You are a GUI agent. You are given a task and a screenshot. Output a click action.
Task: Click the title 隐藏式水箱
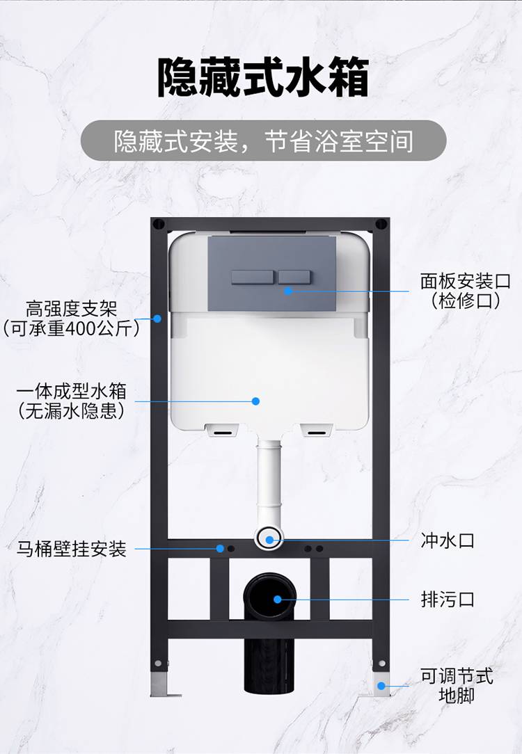click(262, 77)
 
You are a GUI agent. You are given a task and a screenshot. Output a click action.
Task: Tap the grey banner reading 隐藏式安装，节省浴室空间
click(263, 141)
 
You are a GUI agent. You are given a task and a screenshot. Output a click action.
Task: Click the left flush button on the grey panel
click(253, 276)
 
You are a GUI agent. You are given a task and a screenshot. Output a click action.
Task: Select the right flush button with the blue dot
click(294, 276)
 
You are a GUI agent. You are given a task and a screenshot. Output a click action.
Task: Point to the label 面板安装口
click(466, 282)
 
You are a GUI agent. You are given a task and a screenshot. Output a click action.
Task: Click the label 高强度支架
click(71, 307)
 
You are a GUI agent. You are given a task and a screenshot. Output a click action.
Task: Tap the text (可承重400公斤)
click(71, 328)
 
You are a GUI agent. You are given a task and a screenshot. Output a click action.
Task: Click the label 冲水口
click(448, 540)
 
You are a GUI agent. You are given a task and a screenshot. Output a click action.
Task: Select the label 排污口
click(448, 599)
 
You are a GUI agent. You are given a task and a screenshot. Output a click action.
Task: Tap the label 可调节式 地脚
click(456, 684)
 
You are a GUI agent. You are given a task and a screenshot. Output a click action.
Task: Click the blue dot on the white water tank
click(255, 401)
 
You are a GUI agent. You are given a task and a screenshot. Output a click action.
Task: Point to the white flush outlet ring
click(269, 537)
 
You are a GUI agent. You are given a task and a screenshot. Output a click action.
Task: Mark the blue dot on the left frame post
click(157, 319)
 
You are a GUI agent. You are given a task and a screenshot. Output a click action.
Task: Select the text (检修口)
click(466, 301)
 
